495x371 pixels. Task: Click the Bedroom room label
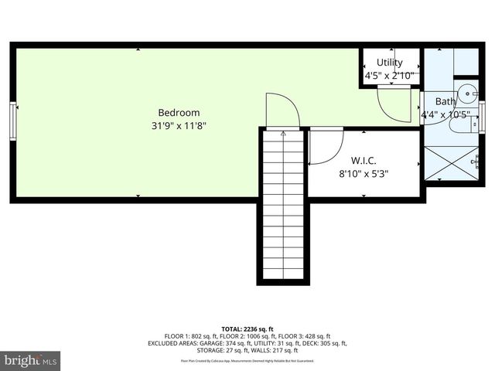pyautogui.click(x=179, y=112)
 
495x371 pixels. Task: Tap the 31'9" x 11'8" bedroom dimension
pyautogui.click(x=179, y=125)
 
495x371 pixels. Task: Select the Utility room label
pyautogui.click(x=389, y=63)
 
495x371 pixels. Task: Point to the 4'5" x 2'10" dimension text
pyautogui.click(x=389, y=76)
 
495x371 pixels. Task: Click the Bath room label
pyautogui.click(x=445, y=101)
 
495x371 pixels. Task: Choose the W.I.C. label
pyautogui.click(x=363, y=161)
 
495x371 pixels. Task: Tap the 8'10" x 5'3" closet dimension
pyautogui.click(x=364, y=174)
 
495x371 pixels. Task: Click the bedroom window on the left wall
pyautogui.click(x=13, y=121)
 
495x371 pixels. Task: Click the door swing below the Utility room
pyautogui.click(x=397, y=104)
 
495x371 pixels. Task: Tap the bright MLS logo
pyautogui.click(x=31, y=360)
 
